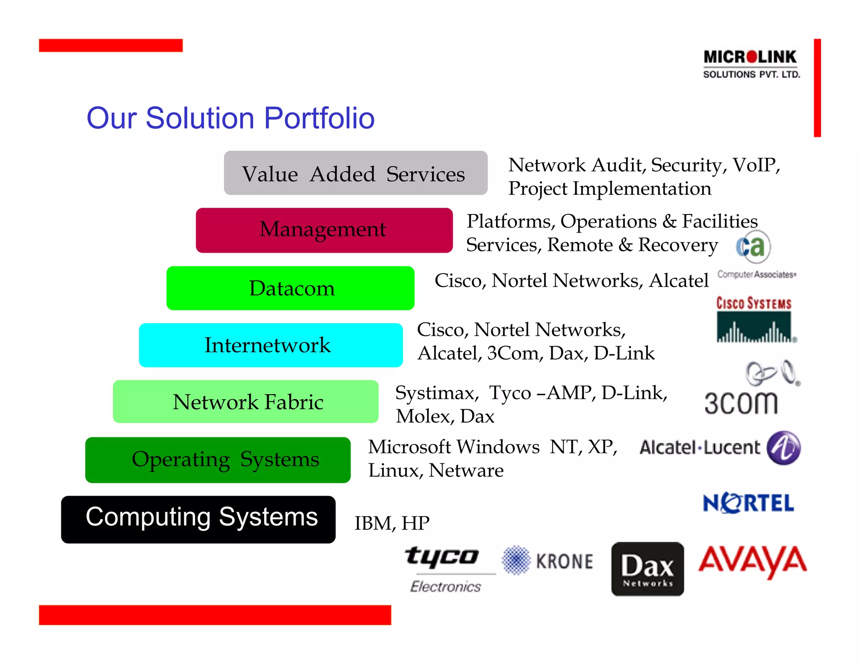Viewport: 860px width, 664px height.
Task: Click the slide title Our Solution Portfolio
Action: click(230, 118)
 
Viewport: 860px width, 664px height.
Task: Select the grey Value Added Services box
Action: click(355, 173)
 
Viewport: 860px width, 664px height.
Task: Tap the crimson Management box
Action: click(324, 230)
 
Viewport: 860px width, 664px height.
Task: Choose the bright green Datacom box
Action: click(290, 288)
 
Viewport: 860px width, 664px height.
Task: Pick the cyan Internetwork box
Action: click(270, 345)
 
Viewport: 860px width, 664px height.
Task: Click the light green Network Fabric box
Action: click(246, 402)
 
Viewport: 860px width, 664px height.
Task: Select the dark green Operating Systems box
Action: click(218, 460)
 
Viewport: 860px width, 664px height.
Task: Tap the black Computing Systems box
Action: click(198, 519)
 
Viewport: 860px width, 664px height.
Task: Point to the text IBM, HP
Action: click(392, 523)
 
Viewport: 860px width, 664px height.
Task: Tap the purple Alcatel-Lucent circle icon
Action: click(783, 447)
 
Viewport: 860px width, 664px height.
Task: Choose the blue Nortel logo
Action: click(748, 503)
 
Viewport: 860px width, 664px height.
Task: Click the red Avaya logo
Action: click(752, 561)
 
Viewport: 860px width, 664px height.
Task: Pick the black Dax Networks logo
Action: click(648, 569)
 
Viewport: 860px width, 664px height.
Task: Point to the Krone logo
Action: click(548, 561)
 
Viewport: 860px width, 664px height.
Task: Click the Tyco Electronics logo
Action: click(445, 568)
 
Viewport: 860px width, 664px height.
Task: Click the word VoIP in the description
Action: click(756, 165)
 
